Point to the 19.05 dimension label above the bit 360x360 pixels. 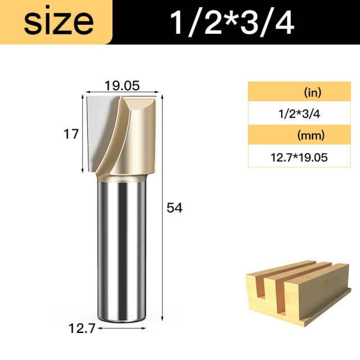(122, 86)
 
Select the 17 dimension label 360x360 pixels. (71, 134)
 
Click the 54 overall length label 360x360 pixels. (174, 208)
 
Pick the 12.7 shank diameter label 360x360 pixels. (82, 328)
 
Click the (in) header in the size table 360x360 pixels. (313, 92)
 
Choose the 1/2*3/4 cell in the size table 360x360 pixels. (299, 114)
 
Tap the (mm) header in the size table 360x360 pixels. (311, 136)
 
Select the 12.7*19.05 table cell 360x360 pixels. (299, 157)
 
